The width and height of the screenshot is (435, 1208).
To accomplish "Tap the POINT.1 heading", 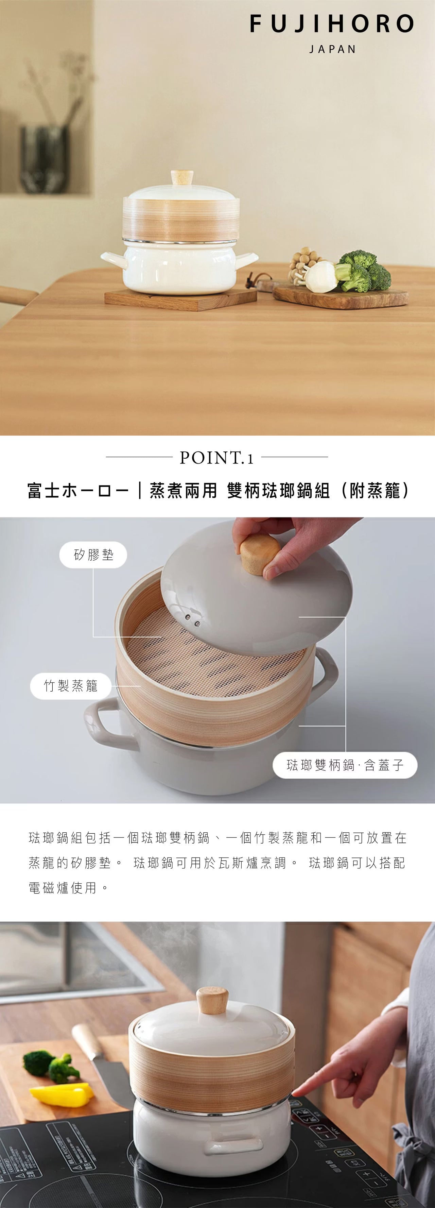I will [x=216, y=458].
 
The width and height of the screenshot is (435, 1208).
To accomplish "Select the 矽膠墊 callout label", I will [x=93, y=555].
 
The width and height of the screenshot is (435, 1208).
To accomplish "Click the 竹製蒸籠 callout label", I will [x=71, y=686].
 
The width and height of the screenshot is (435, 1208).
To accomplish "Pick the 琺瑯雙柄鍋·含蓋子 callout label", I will [x=345, y=765].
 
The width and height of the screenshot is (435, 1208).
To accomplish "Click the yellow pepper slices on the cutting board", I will [x=61, y=1093].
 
